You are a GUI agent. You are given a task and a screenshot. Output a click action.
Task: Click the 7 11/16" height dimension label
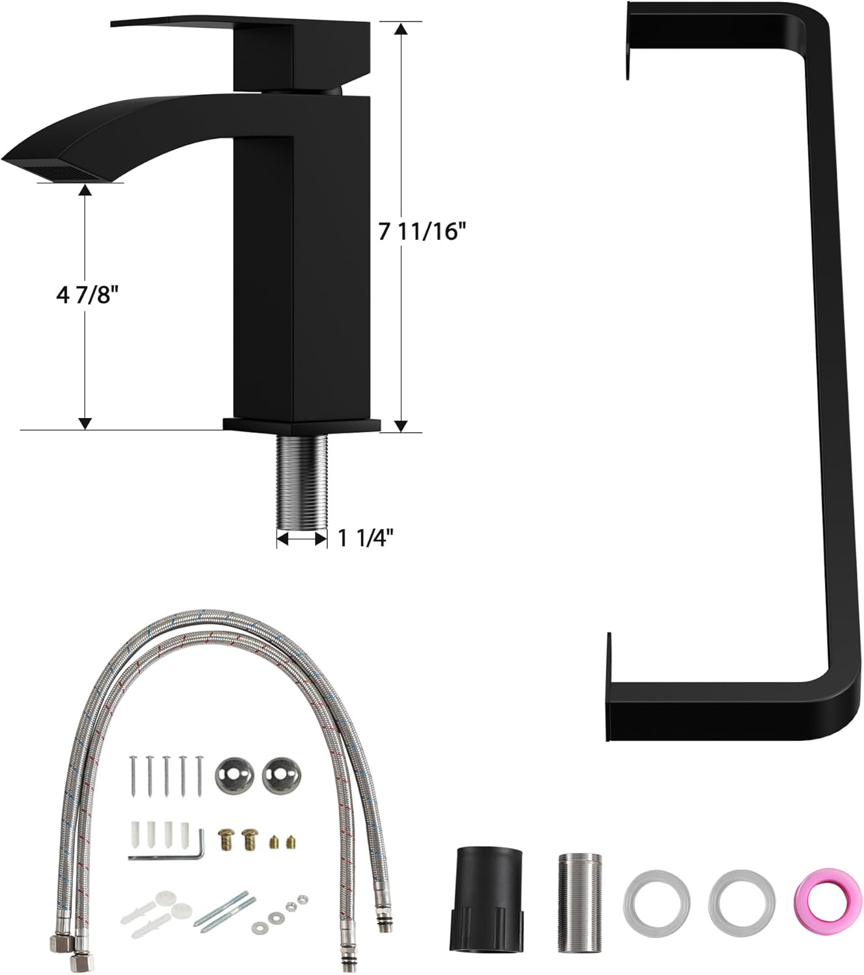pos(422,231)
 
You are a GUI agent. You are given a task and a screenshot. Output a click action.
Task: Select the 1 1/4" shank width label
pos(366,538)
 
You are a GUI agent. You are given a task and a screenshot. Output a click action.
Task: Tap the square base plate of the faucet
pos(301,425)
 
